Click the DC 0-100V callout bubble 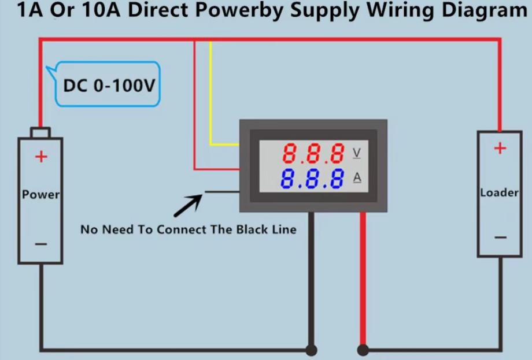tap(109, 86)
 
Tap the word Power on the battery tap(40, 195)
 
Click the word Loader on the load tap(499, 192)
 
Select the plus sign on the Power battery tap(40, 157)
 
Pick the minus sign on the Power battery tap(40, 244)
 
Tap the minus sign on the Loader tap(500, 237)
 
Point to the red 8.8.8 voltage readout tap(313, 154)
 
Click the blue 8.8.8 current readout tap(312, 179)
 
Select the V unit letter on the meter tap(356, 153)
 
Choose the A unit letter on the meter tap(357, 177)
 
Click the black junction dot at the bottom tap(311, 350)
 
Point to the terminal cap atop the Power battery tap(40, 132)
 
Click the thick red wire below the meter tap(363, 277)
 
